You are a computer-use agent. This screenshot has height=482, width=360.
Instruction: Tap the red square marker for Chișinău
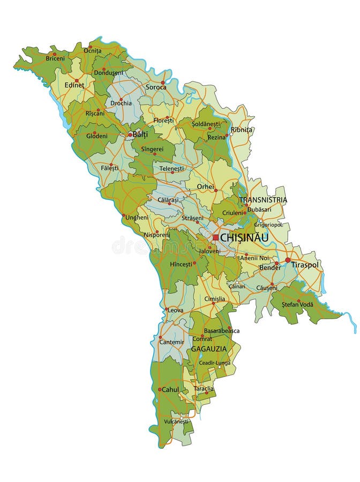coord(215,237)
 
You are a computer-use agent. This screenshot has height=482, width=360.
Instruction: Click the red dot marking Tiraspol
coord(288,260)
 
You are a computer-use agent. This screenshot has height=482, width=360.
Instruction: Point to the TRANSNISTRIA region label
coord(263,200)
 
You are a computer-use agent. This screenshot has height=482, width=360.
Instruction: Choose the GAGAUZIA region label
coord(208,349)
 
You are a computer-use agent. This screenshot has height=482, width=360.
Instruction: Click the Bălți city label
coord(140,134)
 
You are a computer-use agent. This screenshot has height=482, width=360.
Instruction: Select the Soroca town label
coord(156,87)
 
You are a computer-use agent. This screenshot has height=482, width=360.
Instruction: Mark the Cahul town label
coord(170,389)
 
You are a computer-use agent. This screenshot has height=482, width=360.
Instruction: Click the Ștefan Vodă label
coord(298,305)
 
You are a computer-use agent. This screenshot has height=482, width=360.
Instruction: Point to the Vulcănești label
coord(177,421)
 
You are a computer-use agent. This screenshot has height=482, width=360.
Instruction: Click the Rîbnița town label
coord(242,130)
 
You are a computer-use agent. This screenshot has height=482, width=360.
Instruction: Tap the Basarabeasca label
coord(221,330)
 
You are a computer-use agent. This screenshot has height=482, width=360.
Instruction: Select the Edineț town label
coord(74,85)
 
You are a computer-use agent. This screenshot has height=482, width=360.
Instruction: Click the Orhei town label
coord(205,187)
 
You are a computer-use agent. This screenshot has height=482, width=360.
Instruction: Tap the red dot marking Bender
coord(277,263)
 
